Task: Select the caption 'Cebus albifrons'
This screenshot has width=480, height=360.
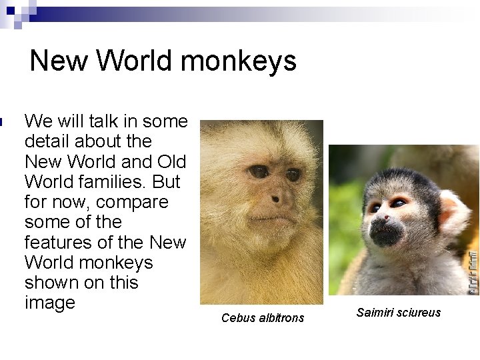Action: pyautogui.click(x=263, y=318)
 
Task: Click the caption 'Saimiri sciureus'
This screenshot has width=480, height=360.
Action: pyautogui.click(x=399, y=313)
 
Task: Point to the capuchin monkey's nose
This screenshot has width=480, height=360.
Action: pyautogui.click(x=281, y=197)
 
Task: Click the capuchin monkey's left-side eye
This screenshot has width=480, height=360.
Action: pyautogui.click(x=259, y=171)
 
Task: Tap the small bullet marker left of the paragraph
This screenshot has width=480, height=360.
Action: pyautogui.click(x=3, y=121)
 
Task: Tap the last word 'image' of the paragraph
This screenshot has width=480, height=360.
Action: pyautogui.click(x=49, y=303)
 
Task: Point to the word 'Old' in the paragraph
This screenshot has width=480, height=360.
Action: pyautogui.click(x=172, y=162)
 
